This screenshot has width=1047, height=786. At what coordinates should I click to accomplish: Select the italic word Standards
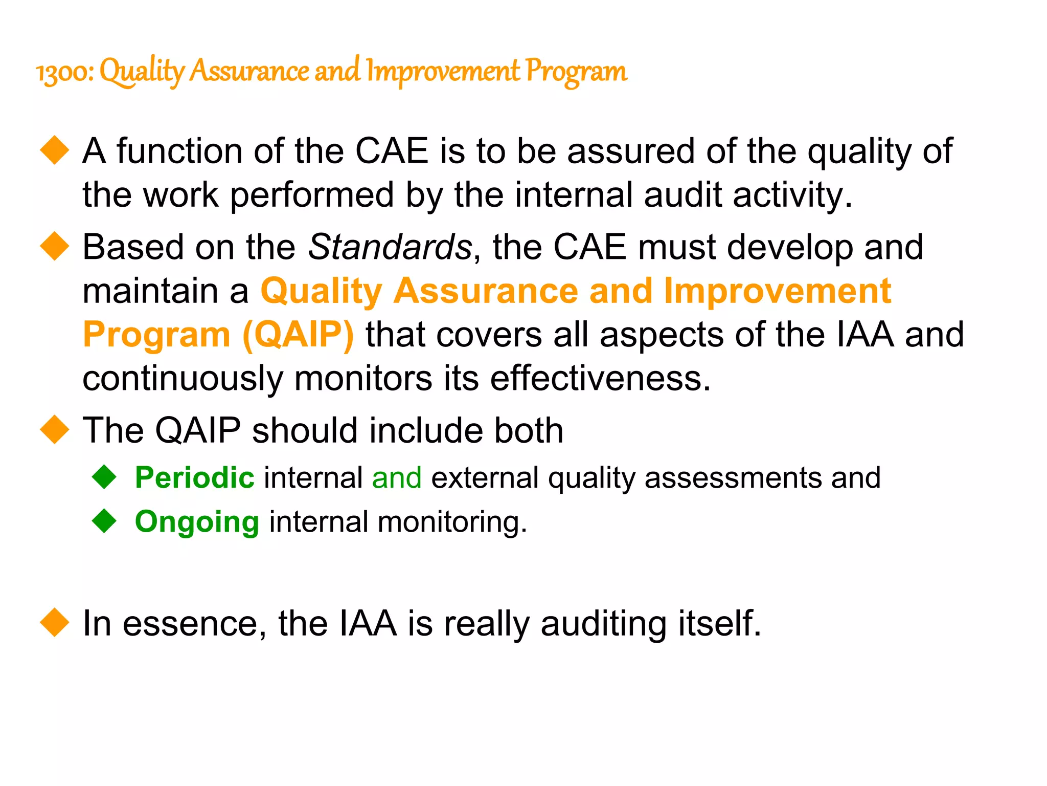(x=390, y=247)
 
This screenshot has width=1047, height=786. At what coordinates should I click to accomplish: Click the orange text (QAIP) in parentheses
(x=298, y=335)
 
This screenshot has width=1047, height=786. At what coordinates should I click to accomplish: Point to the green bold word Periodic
(x=195, y=478)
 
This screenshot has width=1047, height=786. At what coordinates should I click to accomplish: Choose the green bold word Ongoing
(x=197, y=522)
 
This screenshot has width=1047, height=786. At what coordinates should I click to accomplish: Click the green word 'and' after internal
(x=397, y=478)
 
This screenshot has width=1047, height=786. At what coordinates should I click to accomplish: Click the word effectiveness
(x=600, y=379)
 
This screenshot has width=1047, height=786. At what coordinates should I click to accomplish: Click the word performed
(x=312, y=195)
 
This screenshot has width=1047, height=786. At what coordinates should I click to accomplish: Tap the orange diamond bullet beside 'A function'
(x=54, y=150)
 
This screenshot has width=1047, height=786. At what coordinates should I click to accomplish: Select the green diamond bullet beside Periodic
(x=105, y=477)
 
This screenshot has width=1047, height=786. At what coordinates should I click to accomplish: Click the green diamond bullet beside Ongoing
(x=105, y=521)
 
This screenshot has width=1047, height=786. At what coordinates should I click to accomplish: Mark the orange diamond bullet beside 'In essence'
(x=54, y=623)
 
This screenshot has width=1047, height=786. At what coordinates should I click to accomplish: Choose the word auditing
(x=603, y=624)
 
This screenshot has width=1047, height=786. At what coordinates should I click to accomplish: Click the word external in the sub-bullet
(x=485, y=478)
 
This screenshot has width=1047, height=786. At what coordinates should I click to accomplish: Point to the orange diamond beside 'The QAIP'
(x=54, y=430)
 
